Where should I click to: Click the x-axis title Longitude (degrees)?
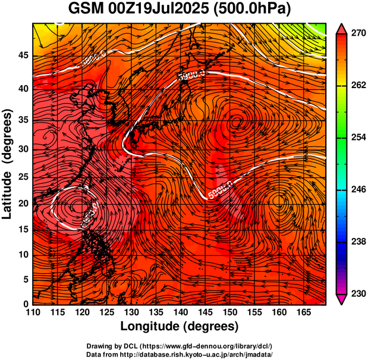coord(180,327)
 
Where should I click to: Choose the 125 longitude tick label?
coord(106,312)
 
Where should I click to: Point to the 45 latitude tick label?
coord(23,55)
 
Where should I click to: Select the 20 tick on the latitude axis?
coord(23,204)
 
